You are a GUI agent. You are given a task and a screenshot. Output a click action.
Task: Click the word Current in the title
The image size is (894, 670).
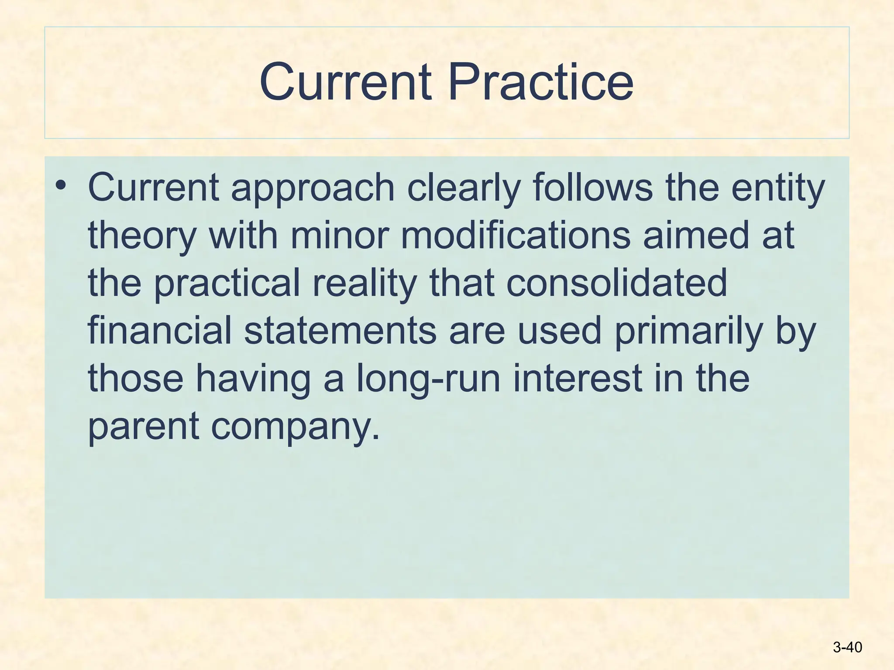point(346,82)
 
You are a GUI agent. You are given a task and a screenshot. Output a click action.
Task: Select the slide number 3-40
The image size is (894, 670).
point(847,647)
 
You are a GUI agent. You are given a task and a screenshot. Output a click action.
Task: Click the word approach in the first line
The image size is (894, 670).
point(313,188)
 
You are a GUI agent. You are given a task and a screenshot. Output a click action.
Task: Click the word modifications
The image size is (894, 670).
point(516,236)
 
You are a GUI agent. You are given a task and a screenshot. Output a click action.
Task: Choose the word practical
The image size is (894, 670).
point(227,284)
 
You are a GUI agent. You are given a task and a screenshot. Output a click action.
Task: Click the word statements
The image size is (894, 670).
point(340,331)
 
